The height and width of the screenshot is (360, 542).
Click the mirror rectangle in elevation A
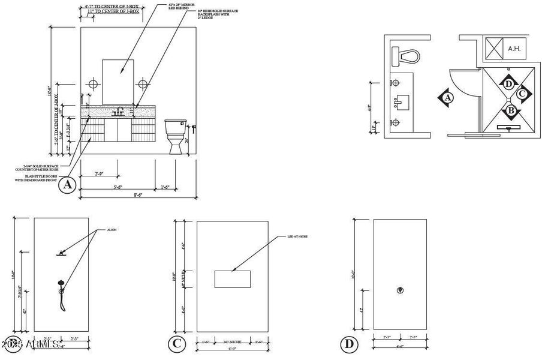coord(118,82)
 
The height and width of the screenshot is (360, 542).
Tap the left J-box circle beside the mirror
coord(93,83)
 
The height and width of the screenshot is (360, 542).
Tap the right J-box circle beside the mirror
coord(143,83)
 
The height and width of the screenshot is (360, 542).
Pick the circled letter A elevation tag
coord(67,185)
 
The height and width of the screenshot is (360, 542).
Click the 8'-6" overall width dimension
coord(138,195)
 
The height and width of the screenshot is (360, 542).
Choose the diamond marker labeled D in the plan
coord(508,83)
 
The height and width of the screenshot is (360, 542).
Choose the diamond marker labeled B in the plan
coord(510,110)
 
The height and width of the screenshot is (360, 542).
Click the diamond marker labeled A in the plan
coord(446,97)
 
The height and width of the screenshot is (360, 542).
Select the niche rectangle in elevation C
coord(232,279)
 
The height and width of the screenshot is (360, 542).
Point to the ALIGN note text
coord(111,230)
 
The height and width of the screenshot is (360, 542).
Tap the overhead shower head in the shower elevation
coord(61,253)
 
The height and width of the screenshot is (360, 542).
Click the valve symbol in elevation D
coord(401,290)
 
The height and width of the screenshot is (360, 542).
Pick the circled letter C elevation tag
coord(176,344)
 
